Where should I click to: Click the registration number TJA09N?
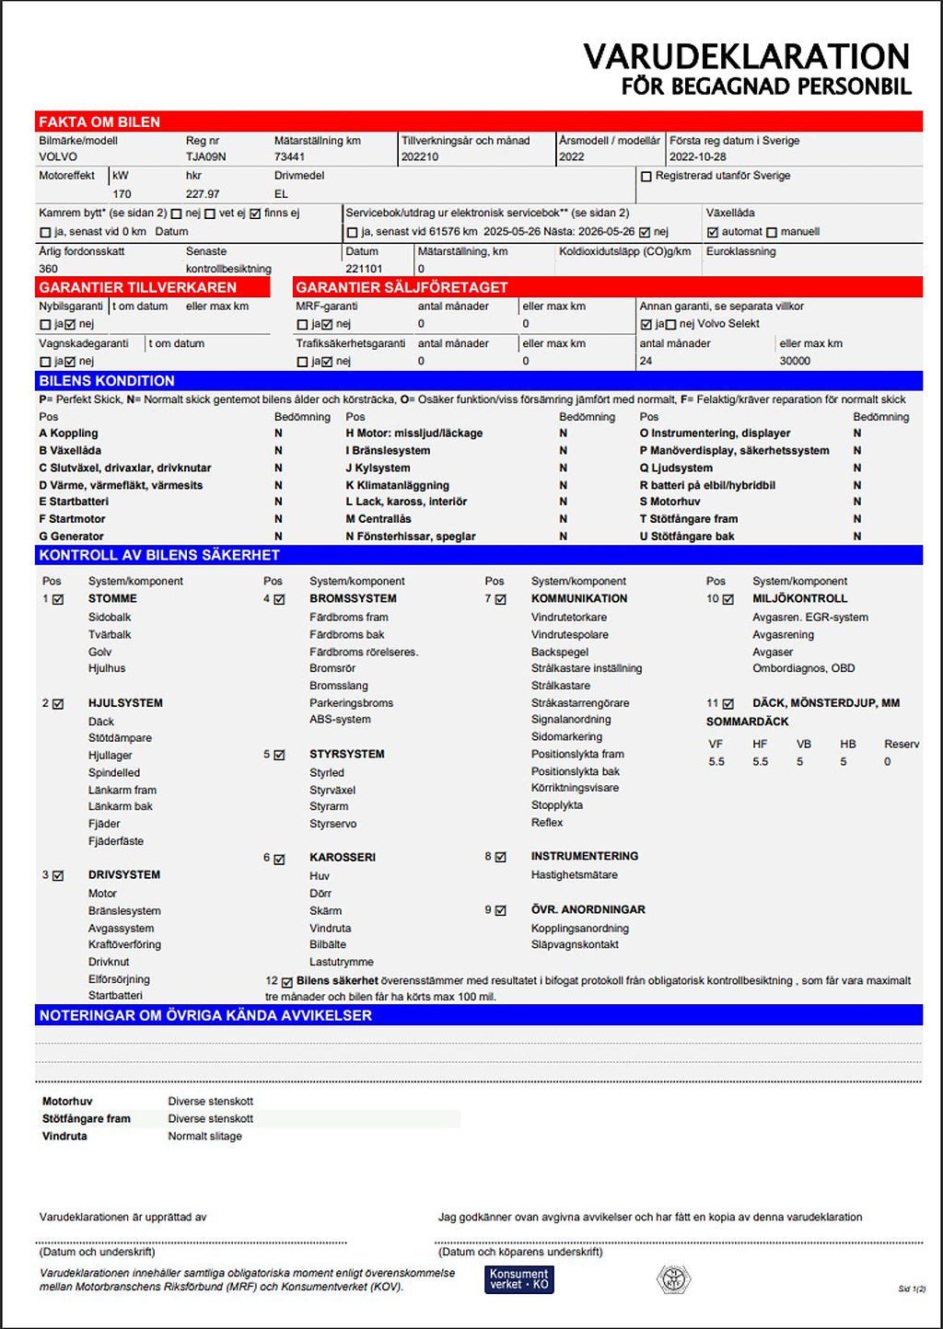tap(205, 157)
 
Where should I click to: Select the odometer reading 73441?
tap(289, 157)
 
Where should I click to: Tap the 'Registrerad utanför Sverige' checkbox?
tap(646, 176)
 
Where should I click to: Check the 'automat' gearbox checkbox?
tap(712, 233)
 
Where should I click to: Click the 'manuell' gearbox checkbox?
tap(772, 233)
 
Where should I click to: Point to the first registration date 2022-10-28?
tap(697, 157)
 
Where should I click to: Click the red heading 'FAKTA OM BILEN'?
tap(99, 122)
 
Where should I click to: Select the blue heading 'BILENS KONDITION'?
tap(107, 381)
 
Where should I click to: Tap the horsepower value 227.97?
tap(203, 194)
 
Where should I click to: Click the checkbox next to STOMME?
tap(58, 599)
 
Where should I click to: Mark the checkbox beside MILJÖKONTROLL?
tap(728, 599)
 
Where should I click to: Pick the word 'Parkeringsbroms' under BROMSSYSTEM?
tap(351, 703)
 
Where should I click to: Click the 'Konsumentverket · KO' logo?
tap(518, 1279)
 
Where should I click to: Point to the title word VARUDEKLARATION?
tap(746, 57)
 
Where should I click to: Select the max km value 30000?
tap(795, 361)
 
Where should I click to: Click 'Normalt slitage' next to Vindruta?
tap(204, 1137)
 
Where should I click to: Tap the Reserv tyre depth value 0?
tap(888, 762)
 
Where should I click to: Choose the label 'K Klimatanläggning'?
tap(398, 485)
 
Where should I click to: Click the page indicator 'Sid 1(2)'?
tap(912, 1289)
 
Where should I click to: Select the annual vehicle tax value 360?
tap(48, 269)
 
